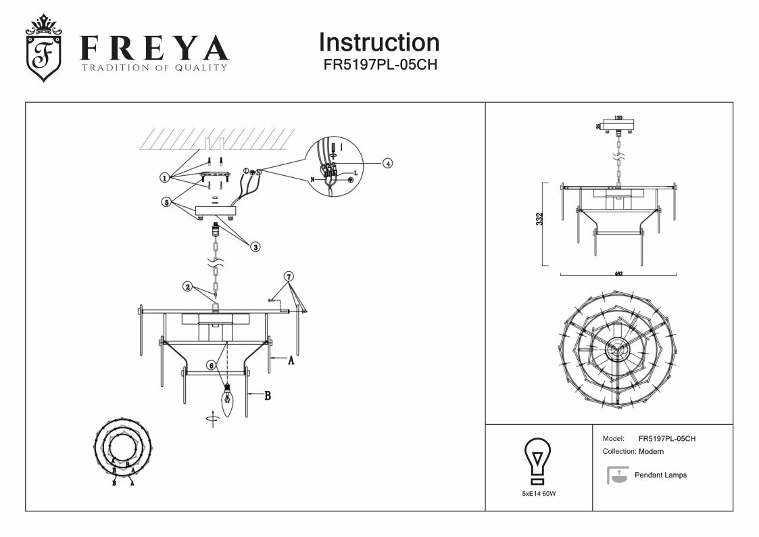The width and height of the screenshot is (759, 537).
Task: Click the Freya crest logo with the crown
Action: pos(43,49)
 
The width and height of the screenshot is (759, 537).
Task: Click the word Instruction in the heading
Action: pos(378,43)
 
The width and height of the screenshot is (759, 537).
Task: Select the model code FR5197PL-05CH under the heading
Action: pos(379,66)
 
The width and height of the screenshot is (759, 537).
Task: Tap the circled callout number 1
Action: pos(164,178)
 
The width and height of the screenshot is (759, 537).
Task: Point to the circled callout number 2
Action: pos(189,287)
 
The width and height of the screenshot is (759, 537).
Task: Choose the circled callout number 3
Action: pos(255,247)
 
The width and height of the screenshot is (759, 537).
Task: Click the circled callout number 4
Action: pos(387,163)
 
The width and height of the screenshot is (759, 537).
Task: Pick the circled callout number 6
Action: pos(211,365)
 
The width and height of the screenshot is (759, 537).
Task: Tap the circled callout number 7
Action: pos(289,277)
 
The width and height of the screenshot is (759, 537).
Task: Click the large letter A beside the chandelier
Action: pos(291,361)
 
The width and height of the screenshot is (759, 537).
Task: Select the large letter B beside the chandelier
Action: pos(267,396)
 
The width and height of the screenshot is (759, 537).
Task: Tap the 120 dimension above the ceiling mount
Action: pos(618,118)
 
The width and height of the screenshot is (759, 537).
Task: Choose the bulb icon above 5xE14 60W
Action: pos(538,460)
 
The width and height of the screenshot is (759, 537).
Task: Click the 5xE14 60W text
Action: pos(539,494)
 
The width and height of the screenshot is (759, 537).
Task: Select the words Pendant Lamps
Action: pos(660,475)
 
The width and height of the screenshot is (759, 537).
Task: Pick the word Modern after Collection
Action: pos(651,451)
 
